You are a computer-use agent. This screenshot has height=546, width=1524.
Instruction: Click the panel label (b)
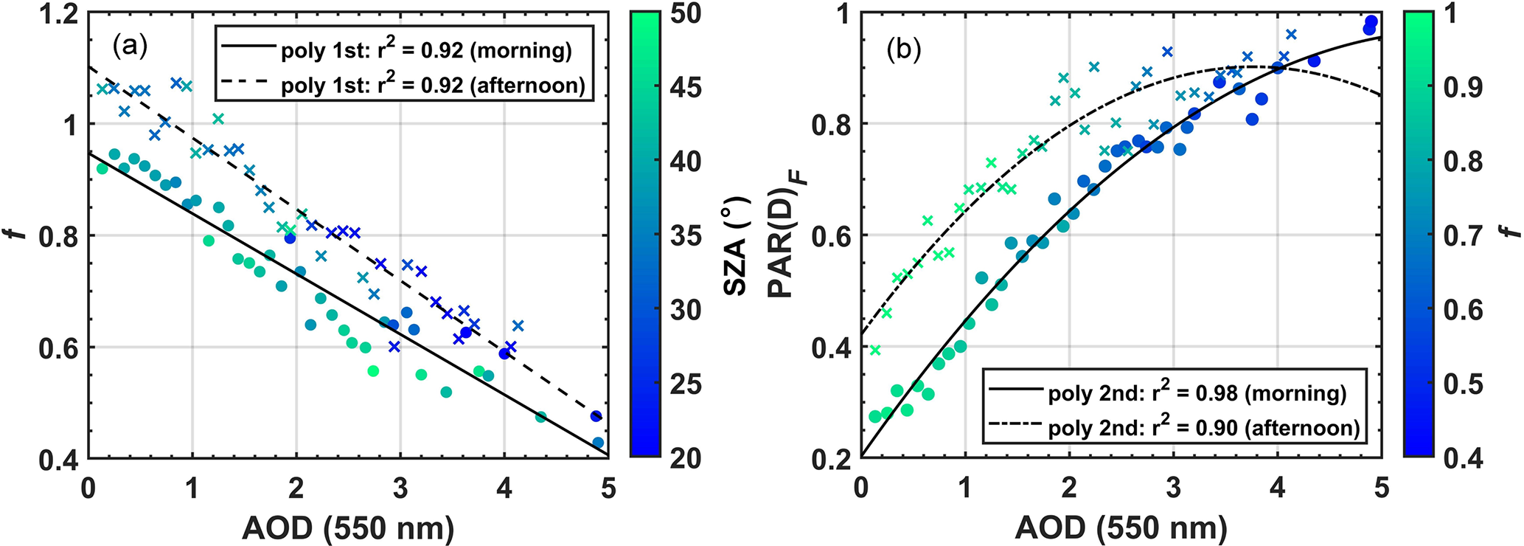pos(904,49)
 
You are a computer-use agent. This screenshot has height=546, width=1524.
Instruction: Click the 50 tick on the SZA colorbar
pos(685,14)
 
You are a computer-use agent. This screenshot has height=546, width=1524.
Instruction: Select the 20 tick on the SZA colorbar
pos(685,458)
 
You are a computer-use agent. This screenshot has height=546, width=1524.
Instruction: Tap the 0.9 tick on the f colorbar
pos(1463,88)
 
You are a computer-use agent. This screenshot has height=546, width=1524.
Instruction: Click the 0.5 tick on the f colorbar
pos(1463,384)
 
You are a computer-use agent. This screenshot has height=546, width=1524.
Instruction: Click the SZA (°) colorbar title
pos(736,245)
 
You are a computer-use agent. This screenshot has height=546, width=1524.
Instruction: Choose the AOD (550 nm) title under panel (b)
pos(1121,528)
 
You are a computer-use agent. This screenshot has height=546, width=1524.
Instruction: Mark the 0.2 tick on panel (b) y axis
pos(832,458)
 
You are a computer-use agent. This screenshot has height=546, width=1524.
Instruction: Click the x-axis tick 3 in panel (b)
pos(1173,488)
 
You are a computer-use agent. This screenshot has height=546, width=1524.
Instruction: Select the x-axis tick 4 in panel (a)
pos(504,488)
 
